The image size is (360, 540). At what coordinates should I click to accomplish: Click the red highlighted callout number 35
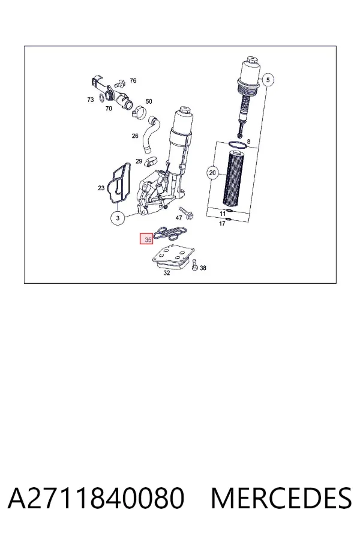(146, 239)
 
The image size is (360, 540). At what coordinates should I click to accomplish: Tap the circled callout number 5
(268, 80)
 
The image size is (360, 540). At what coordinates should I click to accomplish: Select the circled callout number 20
(212, 173)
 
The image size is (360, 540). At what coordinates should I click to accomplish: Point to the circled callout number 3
(118, 218)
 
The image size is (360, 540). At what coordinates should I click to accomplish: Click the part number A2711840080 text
(96, 498)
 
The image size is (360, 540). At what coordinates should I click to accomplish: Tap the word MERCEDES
(281, 498)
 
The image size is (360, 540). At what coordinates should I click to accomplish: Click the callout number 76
(133, 80)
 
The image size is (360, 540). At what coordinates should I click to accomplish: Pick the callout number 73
(90, 100)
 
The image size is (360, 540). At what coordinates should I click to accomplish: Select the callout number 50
(149, 101)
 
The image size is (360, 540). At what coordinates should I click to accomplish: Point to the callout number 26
(135, 136)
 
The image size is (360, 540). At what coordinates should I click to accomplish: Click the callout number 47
(179, 218)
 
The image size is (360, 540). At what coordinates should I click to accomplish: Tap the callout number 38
(203, 268)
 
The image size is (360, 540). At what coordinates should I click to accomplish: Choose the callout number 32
(167, 273)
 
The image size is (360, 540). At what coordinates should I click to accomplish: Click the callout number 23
(101, 188)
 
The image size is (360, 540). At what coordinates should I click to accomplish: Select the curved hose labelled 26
(151, 135)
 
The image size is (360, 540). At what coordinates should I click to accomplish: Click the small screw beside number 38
(195, 265)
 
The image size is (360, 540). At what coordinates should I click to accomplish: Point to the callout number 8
(249, 142)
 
